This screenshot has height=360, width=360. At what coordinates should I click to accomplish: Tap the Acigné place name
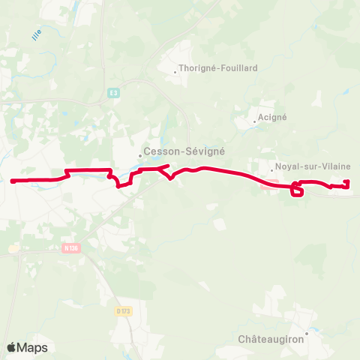tap(272, 117)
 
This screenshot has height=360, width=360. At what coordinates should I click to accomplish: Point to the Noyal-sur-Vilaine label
tap(304, 167)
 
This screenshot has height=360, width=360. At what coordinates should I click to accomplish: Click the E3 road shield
tap(112, 93)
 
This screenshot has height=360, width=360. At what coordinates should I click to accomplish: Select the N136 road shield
tap(71, 247)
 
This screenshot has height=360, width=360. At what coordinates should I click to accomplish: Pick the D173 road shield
tap(123, 310)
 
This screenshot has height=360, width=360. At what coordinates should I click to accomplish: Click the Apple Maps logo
tap(27, 347)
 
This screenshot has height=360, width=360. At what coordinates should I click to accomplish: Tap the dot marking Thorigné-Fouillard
tap(175, 72)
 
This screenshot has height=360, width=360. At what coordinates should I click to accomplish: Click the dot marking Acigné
tap(255, 121)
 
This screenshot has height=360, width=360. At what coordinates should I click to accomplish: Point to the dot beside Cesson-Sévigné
tap(140, 156)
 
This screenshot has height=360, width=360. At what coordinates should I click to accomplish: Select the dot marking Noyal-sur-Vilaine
tap(271, 171)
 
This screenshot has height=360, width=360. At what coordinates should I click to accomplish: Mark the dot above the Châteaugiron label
tap(307, 332)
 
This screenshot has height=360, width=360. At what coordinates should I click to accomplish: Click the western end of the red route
tap(13, 181)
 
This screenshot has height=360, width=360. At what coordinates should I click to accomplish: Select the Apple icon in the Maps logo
tap(11, 347)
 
